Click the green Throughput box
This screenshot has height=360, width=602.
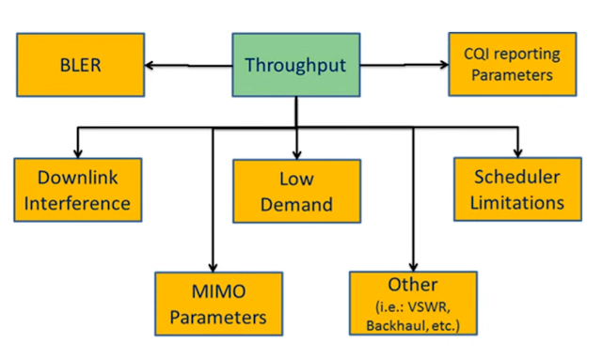pos(296,65)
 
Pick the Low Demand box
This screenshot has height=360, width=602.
pos(296,190)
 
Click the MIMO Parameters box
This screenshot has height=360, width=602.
pos(218,303)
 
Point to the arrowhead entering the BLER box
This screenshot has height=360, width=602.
pos(149,66)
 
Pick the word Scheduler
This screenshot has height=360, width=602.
pos(518,177)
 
